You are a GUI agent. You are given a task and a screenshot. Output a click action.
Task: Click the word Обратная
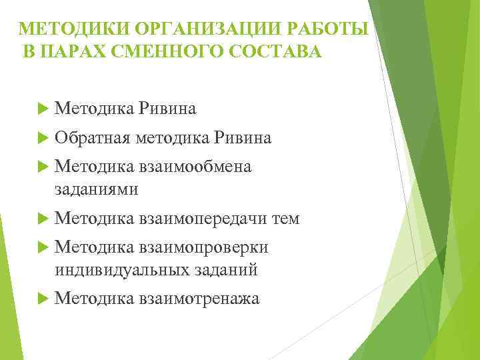[x=93, y=138]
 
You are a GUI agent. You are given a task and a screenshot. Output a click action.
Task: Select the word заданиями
[x=97, y=189]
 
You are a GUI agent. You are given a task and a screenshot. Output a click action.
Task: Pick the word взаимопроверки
[x=204, y=247]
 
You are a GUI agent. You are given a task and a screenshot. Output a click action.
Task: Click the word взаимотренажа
[x=199, y=298]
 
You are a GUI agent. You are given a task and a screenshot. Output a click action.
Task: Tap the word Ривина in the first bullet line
[x=167, y=109]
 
